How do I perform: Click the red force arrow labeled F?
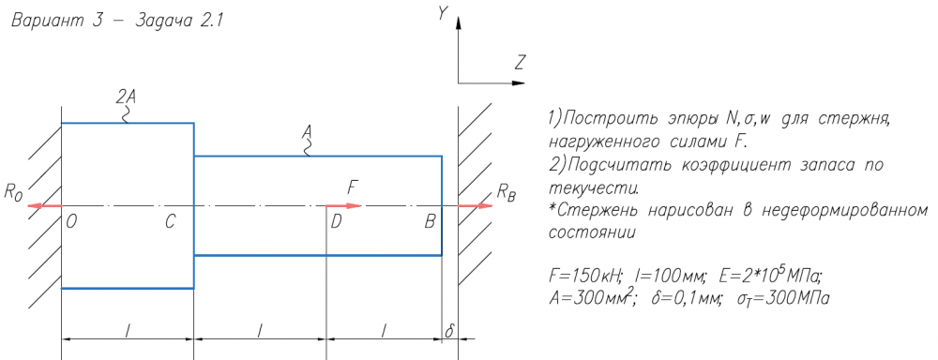[x=344, y=205]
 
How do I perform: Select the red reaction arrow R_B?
[x=476, y=205]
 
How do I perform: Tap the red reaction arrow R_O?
[x=45, y=205]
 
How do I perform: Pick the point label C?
[x=171, y=222]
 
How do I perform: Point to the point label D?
[x=336, y=222]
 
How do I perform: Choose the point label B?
[x=431, y=222]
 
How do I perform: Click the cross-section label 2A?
[x=128, y=97]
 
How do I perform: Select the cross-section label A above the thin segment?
[x=308, y=131]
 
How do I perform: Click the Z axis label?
[x=521, y=62]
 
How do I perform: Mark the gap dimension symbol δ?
[x=449, y=331]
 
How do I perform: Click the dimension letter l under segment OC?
[x=128, y=330]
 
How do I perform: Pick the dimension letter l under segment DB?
[x=384, y=330]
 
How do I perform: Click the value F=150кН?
[x=583, y=277]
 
